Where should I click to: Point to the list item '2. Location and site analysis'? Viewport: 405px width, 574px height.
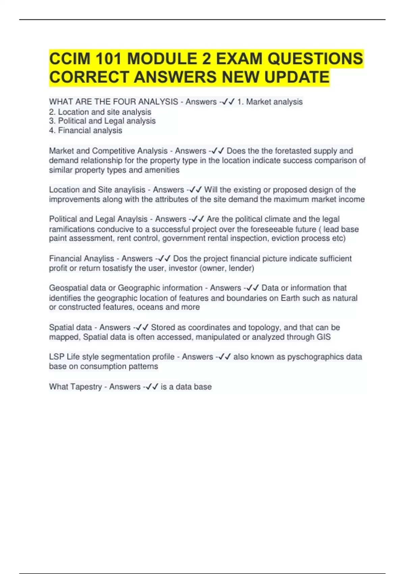pos(100,112)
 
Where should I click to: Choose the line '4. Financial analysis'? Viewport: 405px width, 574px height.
pos(86,130)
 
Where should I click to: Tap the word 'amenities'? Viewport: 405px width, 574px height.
pos(162,170)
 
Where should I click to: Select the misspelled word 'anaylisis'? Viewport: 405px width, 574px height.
pos(130,190)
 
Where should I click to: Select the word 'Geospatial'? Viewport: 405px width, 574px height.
pos(69,288)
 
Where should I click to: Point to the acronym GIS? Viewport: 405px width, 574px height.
pos(324,337)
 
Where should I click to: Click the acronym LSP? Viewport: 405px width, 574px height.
pos(57,357)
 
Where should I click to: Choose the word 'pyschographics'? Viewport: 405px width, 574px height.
pos(315,357)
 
